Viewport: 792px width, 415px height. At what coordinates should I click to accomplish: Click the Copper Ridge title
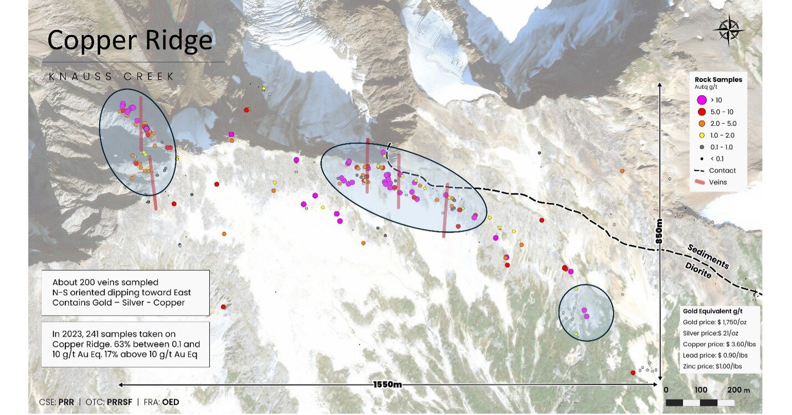[x=130, y=40]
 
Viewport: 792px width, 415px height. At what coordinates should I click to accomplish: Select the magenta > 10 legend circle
[x=701, y=100]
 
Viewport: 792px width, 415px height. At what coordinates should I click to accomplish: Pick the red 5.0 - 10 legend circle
[x=701, y=112]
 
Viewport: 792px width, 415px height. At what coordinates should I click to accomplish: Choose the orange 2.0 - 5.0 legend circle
[x=701, y=124]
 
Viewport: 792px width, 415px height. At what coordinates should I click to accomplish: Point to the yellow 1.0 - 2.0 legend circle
[x=701, y=135]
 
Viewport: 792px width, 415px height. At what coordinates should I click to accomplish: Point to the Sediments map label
[x=708, y=256]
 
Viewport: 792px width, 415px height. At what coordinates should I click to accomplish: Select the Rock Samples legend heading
[x=718, y=80]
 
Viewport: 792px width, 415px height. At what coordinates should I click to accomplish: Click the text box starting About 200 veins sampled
[x=125, y=292]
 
